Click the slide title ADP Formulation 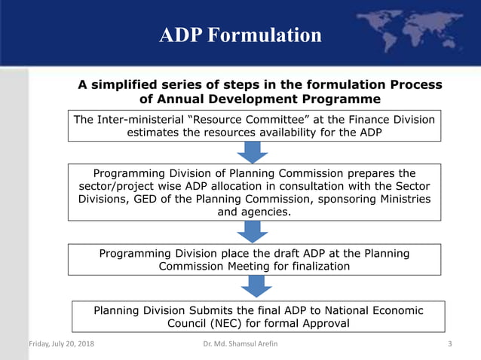click(240, 35)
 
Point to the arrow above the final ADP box click(257, 286)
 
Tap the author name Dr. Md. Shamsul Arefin click(240, 345)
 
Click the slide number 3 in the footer click(450, 345)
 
